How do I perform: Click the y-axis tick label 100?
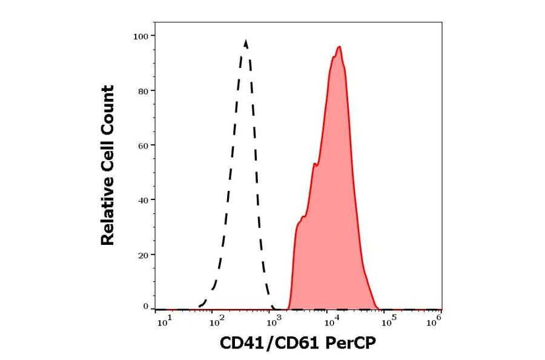140,36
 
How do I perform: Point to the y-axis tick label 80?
143,91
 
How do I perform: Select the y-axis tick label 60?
143,145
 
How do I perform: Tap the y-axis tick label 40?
143,200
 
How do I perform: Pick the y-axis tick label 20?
143,255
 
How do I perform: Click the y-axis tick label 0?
145,307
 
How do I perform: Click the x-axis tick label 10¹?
165,322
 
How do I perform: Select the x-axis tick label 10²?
217,322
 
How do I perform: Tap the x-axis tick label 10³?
274,322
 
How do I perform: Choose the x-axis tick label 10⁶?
433,322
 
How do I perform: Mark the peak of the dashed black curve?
245,41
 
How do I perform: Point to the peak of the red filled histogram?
340,47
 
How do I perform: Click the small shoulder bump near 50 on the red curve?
315,163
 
